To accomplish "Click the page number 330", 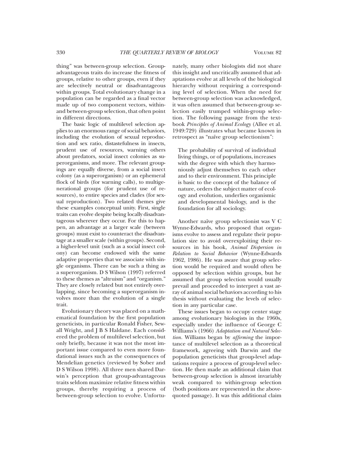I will [x=61, y=52].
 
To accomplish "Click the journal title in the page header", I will [x=169, y=52].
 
